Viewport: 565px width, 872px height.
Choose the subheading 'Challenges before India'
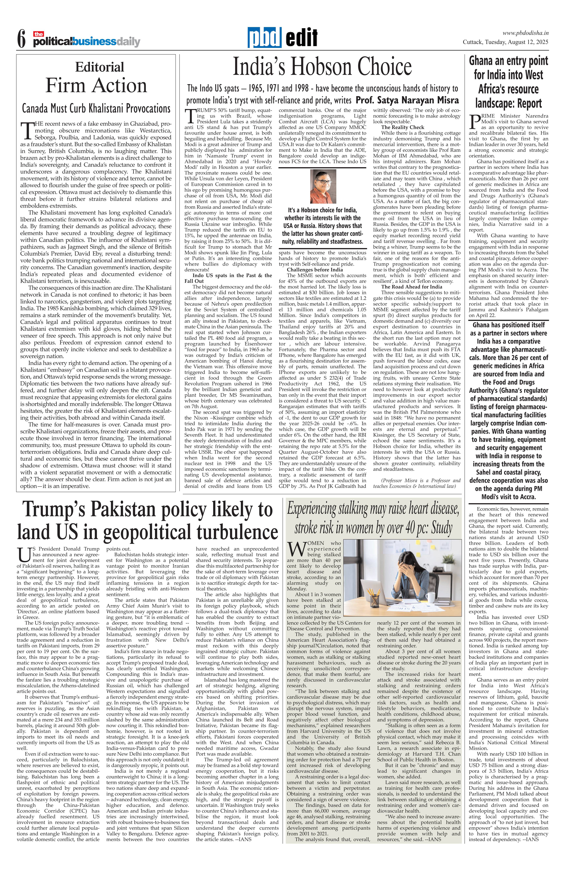(315, 270)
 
